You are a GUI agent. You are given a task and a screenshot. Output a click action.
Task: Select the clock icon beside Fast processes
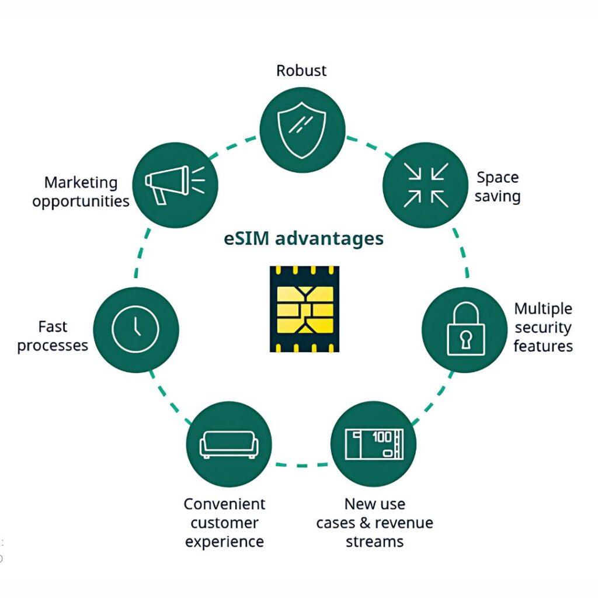coord(135,329)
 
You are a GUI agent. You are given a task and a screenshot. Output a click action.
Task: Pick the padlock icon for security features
coord(465,329)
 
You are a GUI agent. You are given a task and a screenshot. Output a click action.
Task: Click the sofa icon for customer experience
coord(229,444)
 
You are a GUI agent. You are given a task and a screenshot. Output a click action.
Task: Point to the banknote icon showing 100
coord(374,444)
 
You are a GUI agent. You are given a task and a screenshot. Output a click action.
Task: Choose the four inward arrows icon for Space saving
coord(426,185)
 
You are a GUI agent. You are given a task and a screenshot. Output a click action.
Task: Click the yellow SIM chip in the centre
coord(304,309)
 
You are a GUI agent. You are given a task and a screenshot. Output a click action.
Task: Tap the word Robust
coord(301,71)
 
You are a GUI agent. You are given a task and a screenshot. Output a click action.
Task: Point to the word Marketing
coord(81,183)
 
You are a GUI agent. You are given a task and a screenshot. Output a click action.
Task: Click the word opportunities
coord(81,201)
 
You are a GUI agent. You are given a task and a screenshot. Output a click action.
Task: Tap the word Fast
coord(53,326)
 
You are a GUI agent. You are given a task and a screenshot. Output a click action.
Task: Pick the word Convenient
coord(224,503)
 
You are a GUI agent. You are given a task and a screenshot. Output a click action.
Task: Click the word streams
coord(374,541)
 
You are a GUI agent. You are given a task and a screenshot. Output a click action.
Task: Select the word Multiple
coord(543,308)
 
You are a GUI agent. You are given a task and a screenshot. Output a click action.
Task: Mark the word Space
coord(498,177)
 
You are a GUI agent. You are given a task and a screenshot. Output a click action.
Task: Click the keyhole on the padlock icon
coord(465,339)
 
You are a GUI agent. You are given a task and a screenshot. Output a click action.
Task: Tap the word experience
coord(224,541)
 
